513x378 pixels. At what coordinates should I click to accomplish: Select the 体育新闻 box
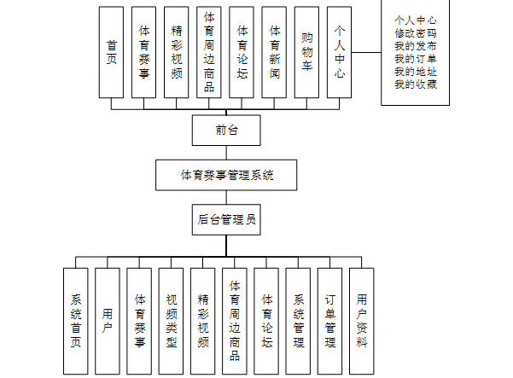coord(275,51)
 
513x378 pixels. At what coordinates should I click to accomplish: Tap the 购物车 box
coord(307,51)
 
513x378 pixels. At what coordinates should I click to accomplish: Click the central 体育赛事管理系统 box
coord(226,175)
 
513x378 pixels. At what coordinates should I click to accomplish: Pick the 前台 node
coord(226,131)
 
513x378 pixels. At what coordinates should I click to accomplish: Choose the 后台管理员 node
coord(226,219)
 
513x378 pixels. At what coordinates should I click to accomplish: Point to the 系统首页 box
coord(76,321)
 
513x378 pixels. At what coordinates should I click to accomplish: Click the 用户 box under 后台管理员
coord(108,321)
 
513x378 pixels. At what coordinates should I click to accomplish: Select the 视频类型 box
coord(172,321)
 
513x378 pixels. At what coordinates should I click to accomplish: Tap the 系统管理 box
coord(299,321)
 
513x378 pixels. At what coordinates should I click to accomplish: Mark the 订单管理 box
coord(330,321)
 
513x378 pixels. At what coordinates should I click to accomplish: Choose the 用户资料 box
coord(362,321)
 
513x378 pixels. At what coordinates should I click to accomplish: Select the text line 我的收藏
coord(415,84)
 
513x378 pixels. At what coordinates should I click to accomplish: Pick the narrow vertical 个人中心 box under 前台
coord(340,51)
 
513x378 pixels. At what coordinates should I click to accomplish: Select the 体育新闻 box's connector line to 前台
coord(275,103)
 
